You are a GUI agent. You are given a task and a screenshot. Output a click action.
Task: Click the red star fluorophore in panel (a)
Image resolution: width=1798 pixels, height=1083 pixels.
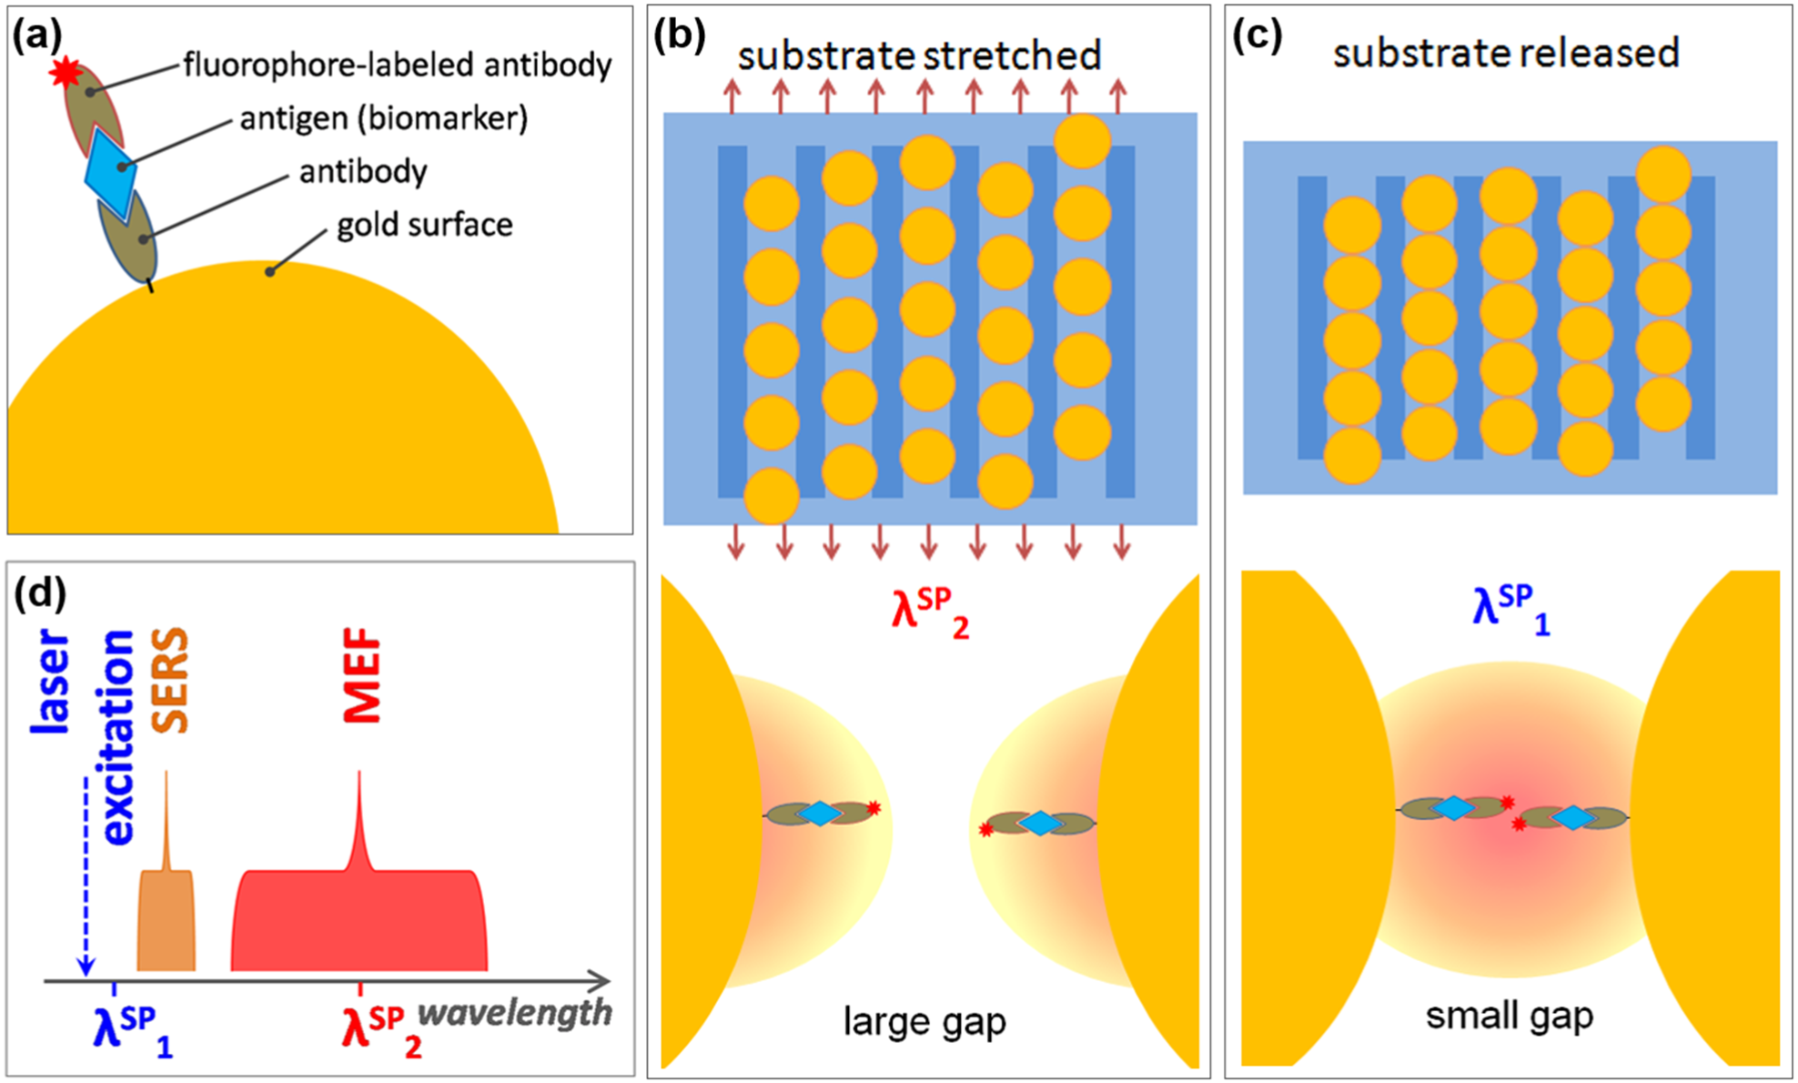click(x=66, y=72)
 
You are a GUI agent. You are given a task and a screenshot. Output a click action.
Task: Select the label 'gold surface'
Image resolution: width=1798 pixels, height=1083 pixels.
click(x=424, y=225)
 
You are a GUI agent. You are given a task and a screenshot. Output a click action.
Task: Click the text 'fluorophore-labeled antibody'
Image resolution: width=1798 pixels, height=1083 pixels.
click(x=397, y=65)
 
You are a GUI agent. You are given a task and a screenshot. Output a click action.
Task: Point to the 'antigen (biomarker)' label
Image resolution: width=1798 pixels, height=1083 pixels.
click(x=383, y=118)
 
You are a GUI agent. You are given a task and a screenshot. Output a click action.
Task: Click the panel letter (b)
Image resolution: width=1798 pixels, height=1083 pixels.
click(x=680, y=35)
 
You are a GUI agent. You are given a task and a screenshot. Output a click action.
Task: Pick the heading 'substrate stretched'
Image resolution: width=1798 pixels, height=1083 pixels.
click(x=919, y=56)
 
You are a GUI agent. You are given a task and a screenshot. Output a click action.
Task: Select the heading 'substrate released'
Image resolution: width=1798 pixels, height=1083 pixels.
click(x=1506, y=53)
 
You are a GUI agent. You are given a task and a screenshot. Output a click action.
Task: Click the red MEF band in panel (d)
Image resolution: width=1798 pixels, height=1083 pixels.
click(x=359, y=919)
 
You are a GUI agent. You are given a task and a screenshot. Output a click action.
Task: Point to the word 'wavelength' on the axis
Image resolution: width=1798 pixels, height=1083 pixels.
click(x=515, y=1012)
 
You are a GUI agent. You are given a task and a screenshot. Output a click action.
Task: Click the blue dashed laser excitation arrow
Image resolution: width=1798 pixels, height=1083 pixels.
click(x=86, y=874)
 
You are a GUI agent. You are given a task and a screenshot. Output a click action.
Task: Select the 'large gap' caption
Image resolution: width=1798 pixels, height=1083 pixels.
click(x=924, y=1021)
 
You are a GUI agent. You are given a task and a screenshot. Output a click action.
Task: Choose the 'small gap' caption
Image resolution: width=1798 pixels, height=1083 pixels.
click(x=1510, y=1016)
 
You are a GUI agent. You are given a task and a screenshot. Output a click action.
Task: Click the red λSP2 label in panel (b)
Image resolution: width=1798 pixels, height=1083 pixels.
click(x=929, y=612)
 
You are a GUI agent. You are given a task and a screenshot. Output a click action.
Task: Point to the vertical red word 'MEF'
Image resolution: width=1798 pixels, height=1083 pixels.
click(x=362, y=675)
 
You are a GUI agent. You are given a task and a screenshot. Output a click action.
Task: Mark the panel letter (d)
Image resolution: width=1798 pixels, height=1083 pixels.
click(x=40, y=593)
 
